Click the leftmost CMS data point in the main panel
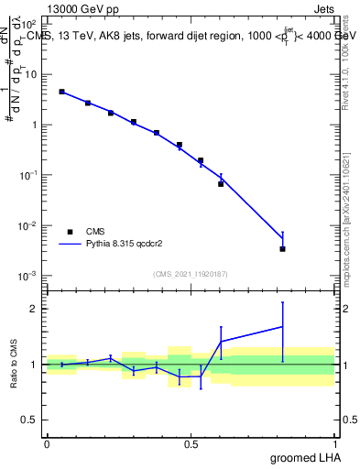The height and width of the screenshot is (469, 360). click(x=61, y=92)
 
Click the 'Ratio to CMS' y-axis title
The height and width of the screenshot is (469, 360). click(x=15, y=365)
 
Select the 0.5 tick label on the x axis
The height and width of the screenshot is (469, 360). click(x=191, y=444)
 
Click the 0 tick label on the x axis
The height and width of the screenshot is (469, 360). click(x=48, y=444)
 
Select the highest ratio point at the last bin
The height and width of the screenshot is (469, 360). click(x=282, y=326)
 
